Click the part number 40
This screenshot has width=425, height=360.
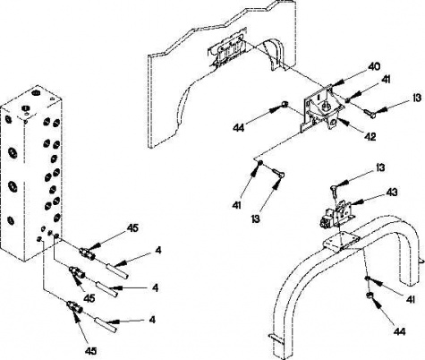[372, 66]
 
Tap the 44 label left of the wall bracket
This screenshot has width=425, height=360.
[238, 128]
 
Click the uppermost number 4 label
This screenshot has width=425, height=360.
[158, 250]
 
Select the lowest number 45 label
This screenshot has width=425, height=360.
[90, 350]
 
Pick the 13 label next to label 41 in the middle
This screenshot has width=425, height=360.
[255, 219]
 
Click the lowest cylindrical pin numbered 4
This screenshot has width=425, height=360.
[106, 325]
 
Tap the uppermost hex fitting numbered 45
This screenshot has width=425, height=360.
[87, 253]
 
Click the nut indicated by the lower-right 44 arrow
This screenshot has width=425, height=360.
[369, 296]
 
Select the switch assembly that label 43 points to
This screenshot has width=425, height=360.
[336, 213]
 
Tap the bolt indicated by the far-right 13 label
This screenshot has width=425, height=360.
[370, 114]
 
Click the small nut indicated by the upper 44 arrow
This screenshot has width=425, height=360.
[285, 104]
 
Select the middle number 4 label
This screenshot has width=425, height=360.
[155, 287]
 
